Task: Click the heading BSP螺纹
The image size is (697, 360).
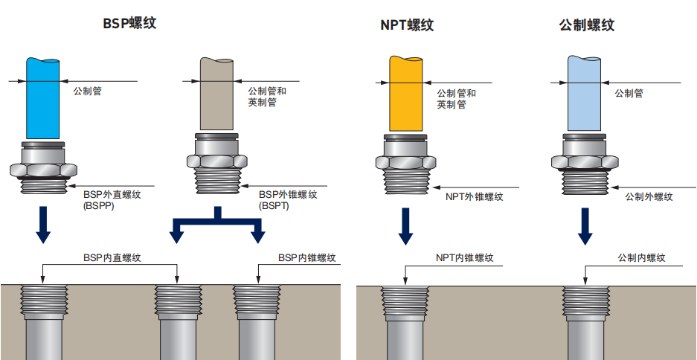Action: coord(129,23)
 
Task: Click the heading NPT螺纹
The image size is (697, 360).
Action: coord(406,25)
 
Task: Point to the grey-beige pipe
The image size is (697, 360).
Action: coord(216,93)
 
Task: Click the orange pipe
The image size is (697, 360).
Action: coord(405,93)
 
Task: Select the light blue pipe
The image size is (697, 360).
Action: coord(585,93)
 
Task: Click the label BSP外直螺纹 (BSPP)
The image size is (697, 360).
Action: coord(112,199)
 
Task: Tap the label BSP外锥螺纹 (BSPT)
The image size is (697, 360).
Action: coord(288,199)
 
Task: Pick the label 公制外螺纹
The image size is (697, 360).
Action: coord(649,197)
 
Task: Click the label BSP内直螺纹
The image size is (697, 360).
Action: coord(112,257)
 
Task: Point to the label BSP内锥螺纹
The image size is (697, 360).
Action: coord(306,257)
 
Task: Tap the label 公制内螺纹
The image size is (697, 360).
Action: coord(640,258)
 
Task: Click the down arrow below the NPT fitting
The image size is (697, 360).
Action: coord(405,226)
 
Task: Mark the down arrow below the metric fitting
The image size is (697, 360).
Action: coord(585,226)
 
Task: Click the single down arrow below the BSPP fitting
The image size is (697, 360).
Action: coord(43,226)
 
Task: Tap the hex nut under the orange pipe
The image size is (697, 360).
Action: coord(405,163)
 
